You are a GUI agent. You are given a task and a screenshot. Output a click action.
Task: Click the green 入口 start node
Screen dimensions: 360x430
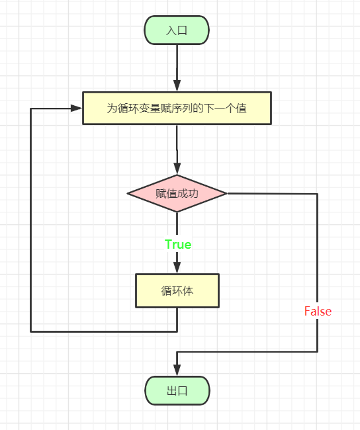177,30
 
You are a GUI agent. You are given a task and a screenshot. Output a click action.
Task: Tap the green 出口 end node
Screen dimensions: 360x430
177,390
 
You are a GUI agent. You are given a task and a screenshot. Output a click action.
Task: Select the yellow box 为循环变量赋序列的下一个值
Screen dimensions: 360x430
177,108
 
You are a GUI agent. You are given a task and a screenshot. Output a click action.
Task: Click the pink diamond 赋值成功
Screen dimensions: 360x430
177,193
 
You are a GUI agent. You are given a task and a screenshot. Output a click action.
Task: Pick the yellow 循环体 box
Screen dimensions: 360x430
177,290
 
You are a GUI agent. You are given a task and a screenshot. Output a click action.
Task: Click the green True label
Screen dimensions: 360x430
178,244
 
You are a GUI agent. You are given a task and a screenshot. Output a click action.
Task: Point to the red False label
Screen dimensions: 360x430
318,312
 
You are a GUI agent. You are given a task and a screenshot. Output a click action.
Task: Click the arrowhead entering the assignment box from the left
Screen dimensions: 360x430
76,108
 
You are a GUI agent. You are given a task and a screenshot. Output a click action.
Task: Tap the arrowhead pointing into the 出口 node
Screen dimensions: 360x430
177,370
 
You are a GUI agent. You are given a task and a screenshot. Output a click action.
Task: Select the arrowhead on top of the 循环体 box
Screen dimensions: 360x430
177,268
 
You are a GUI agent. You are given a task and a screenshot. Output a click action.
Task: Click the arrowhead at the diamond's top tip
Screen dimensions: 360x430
177,169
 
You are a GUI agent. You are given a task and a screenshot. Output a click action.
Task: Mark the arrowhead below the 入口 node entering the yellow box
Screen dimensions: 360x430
177,86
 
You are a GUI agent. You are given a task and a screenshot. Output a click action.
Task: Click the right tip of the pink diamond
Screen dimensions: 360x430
226,193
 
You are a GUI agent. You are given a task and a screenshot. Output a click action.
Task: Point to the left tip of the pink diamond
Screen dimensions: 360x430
127,193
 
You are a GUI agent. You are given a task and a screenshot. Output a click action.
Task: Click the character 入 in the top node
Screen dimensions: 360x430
171,30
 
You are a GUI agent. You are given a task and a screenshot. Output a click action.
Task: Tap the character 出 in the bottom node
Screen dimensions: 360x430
172,390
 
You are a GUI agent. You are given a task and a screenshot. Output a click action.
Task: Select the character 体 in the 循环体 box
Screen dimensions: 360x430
188,290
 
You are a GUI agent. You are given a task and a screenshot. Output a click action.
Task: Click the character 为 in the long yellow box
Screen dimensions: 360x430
112,108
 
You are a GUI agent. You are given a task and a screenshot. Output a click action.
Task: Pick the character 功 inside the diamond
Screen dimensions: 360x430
193,193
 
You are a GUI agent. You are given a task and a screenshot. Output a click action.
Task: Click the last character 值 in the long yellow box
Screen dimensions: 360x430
241,108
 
